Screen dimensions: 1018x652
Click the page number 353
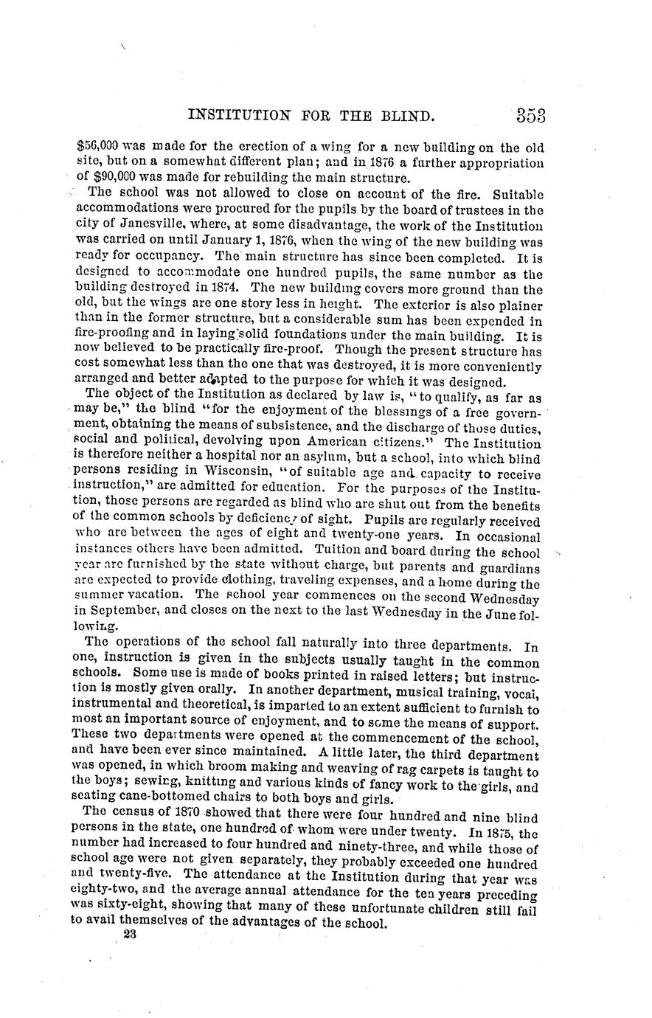(x=530, y=116)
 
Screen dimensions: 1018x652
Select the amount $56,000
(x=97, y=147)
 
